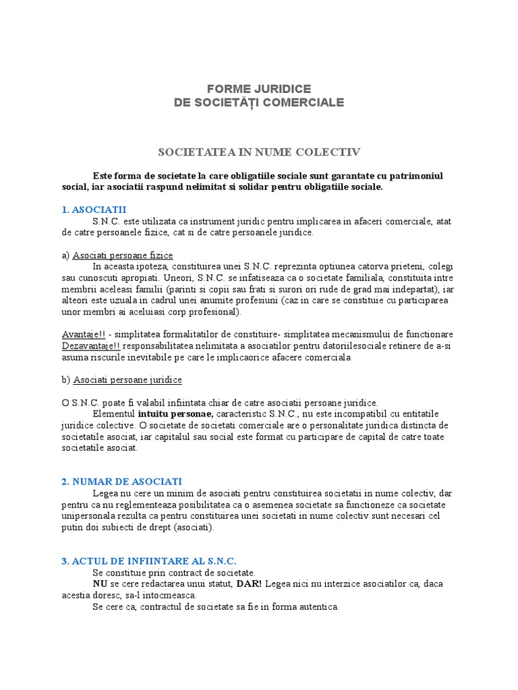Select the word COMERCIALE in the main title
(x=305, y=102)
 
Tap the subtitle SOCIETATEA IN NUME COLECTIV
(x=259, y=152)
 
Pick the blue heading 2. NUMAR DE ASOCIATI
(x=121, y=481)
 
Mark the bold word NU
(x=100, y=584)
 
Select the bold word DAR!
(x=250, y=584)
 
